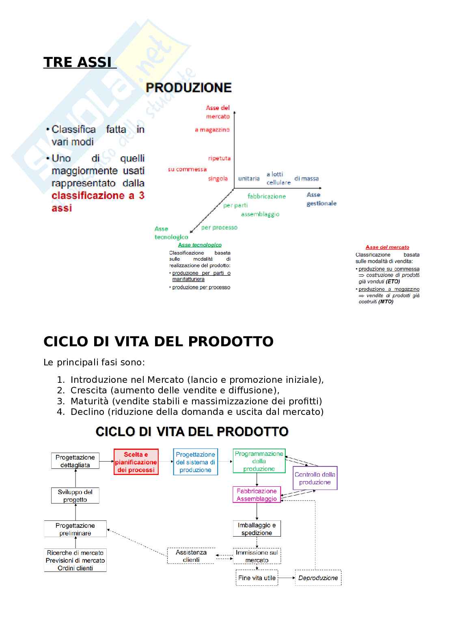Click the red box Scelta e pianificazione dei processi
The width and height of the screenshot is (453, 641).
pyautogui.click(x=136, y=462)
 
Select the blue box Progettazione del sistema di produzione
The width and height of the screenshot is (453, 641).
pyautogui.click(x=195, y=462)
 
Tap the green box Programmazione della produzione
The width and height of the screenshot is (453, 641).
pyautogui.click(x=259, y=461)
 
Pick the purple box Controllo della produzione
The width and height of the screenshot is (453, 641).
pyautogui.click(x=315, y=478)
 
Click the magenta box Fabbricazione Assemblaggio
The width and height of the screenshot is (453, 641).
pyautogui.click(x=257, y=495)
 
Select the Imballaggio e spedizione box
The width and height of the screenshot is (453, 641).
pyautogui.click(x=257, y=529)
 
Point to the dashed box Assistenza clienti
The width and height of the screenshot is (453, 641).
pyautogui.click(x=191, y=556)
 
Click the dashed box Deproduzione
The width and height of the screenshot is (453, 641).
pyautogui.click(x=318, y=578)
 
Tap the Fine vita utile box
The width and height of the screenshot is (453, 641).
pyautogui.click(x=257, y=578)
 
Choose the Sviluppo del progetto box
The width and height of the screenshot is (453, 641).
pyautogui.click(x=75, y=496)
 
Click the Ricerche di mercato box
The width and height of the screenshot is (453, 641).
pyautogui.click(x=75, y=560)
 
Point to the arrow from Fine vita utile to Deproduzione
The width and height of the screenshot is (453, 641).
pyautogui.click(x=287, y=578)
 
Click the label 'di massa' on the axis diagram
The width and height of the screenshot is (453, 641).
pyautogui.click(x=306, y=178)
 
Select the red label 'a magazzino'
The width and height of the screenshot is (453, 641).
pyautogui.click(x=212, y=130)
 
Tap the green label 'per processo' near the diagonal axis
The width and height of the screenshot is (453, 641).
pyautogui.click(x=219, y=227)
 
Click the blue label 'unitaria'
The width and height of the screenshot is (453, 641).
pyautogui.click(x=249, y=179)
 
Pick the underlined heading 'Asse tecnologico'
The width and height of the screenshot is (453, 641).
pyautogui.click(x=200, y=245)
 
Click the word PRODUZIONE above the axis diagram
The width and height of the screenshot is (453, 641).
pyautogui.click(x=188, y=88)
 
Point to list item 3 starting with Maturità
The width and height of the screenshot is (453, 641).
pyautogui.click(x=196, y=401)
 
